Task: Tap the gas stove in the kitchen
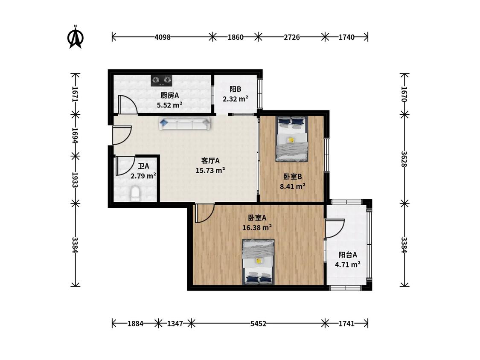[161, 81]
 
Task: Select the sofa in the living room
[185, 124]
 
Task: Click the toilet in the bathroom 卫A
[135, 194]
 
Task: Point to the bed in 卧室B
[291, 139]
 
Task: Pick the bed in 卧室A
[259, 262]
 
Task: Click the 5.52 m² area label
[169, 105]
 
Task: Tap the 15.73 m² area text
[210, 170]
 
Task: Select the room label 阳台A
[348, 255]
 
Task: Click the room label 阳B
[236, 89]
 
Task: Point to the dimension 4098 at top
[162, 38]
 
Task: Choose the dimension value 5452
[259, 324]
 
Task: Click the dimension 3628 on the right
[404, 159]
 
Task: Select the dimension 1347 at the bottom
[175, 324]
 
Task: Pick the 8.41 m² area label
[293, 186]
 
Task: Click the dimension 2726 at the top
[291, 38]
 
